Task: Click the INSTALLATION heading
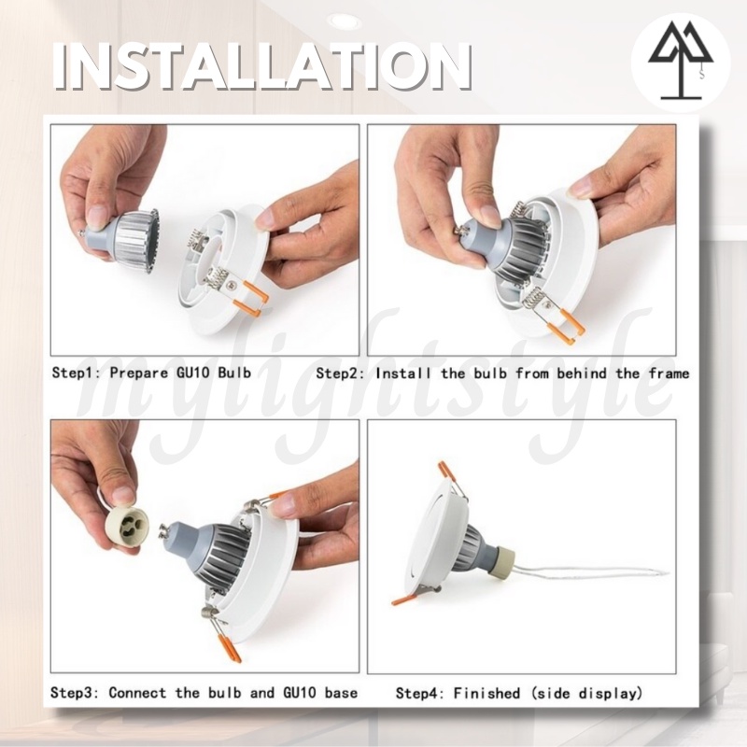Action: click(262, 66)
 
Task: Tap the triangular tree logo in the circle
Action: click(681, 60)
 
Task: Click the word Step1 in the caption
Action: click(74, 373)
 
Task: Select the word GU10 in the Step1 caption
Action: click(192, 372)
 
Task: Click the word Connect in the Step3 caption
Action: click(137, 692)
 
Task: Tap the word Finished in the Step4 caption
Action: click(486, 692)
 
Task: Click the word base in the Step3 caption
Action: click(341, 692)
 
